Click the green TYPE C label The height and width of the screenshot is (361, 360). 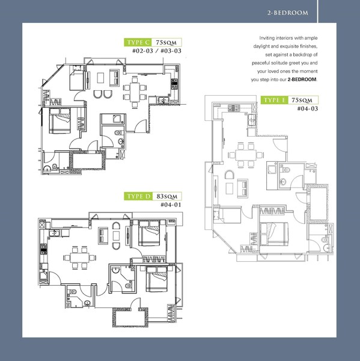click(138, 42)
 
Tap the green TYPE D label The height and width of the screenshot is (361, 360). click(138, 196)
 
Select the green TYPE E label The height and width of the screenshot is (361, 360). click(275, 100)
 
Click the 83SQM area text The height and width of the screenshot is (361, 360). click(167, 196)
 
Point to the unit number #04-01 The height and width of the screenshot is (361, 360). click(171, 205)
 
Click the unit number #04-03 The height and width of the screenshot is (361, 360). click(308, 108)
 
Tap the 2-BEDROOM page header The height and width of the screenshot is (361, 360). click(287, 13)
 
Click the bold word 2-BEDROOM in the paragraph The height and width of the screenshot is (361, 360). click(302, 79)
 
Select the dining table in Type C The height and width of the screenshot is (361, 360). click(135, 92)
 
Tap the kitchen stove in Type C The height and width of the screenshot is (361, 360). click(174, 84)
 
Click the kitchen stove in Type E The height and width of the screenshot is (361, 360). click(234, 108)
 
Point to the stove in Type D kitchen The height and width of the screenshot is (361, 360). click(44, 250)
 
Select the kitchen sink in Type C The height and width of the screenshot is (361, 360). click(163, 100)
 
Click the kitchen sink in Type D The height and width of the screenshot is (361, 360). click(54, 233)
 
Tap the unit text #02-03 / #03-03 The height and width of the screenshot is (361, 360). click(157, 51)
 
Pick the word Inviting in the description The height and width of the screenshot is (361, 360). click(267, 38)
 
